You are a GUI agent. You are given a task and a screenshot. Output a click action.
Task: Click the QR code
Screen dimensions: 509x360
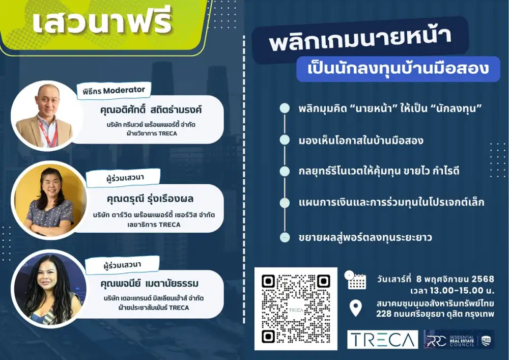point(296,309)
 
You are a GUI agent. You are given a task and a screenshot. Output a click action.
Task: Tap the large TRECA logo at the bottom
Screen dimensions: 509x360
point(382,340)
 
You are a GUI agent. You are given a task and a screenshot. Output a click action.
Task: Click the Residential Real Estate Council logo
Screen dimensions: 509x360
point(459,340)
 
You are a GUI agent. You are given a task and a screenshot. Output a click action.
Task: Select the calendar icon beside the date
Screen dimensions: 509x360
point(355,280)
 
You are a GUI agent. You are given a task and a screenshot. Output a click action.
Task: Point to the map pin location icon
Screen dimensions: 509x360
point(355,308)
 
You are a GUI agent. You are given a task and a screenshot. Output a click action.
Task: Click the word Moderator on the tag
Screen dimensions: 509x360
point(124,90)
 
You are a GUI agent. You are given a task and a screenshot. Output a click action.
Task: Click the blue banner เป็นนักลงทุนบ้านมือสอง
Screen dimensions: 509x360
point(398,69)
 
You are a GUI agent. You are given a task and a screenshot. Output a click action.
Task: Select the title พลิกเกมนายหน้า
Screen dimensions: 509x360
point(360,40)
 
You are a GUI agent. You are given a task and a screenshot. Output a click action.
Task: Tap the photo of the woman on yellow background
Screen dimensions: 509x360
point(49,200)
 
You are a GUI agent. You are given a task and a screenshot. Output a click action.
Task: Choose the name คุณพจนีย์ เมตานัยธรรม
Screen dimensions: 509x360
point(149,283)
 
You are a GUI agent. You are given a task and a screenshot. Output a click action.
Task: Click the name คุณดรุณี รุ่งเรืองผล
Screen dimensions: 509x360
point(150,199)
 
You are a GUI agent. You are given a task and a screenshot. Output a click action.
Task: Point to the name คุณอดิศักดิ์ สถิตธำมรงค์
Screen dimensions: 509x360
point(151,109)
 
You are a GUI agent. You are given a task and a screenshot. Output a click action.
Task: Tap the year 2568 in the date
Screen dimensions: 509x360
point(483,279)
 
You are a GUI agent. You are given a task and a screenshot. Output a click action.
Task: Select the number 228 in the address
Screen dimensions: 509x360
point(383,314)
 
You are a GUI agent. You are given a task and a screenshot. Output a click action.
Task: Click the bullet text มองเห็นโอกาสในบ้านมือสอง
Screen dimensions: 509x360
point(361,141)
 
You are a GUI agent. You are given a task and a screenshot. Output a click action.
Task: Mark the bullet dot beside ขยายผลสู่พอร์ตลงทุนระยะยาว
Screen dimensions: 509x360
point(285,237)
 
